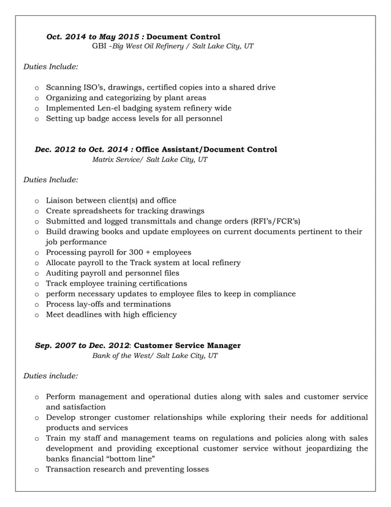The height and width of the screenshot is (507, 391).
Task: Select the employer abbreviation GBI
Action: coord(99,47)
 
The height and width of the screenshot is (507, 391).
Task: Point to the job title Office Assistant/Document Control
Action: coord(206,149)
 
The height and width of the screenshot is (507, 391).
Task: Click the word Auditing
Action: coord(63,273)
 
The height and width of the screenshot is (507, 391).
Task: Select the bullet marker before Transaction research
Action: coord(37,470)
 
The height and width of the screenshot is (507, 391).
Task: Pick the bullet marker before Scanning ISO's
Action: coord(37,88)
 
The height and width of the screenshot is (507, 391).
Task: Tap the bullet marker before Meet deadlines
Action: coord(37,315)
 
